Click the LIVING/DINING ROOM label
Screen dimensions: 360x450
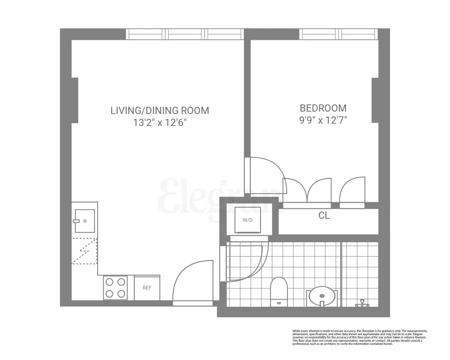[160, 111]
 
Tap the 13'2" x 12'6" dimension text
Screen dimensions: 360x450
[160, 123]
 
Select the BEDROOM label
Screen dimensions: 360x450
[323, 108]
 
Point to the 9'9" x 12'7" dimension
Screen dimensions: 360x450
[323, 120]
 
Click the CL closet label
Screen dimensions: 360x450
[324, 216]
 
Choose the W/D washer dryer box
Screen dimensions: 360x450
[247, 220]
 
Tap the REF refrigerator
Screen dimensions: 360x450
[147, 288]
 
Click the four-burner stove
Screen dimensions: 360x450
[115, 288]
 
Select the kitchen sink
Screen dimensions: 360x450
[84, 221]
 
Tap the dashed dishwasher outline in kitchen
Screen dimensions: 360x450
[84, 251]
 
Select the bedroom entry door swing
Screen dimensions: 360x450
[264, 174]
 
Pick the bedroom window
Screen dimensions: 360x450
[339, 34]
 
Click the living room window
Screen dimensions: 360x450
[184, 34]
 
